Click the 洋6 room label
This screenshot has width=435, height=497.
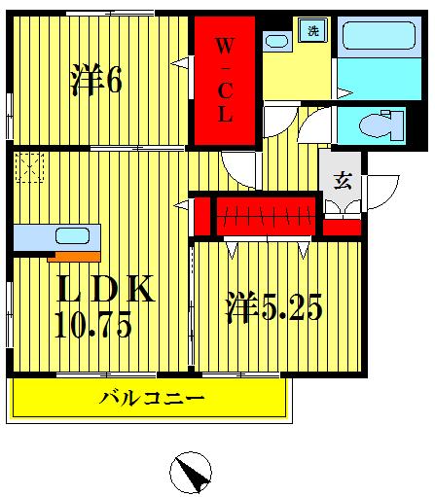94,82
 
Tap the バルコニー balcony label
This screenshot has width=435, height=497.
152,399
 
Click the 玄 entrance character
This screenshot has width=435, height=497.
343,179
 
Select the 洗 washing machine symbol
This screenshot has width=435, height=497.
312,30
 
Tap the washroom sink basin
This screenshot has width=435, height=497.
276,42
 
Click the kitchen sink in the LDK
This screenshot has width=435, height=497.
70,235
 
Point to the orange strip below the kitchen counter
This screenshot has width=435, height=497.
74,257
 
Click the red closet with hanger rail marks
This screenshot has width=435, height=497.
267,215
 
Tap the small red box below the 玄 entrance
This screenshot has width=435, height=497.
342,227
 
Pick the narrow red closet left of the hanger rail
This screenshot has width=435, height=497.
201,216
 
